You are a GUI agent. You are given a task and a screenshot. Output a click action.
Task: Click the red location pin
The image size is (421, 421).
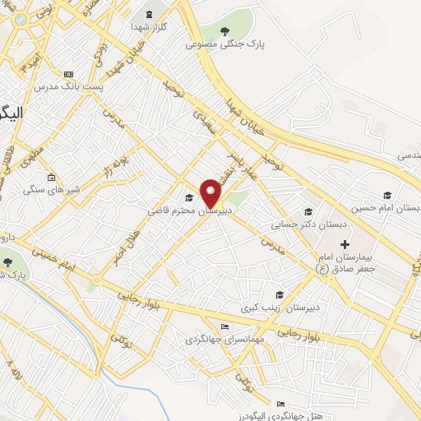pyautogui.click(x=211, y=192)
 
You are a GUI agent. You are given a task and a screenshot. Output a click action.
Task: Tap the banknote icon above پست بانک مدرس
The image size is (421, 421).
pyautogui.click(x=67, y=74)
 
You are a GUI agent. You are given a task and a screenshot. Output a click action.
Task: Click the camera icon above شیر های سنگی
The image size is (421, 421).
pyautogui.click(x=51, y=178)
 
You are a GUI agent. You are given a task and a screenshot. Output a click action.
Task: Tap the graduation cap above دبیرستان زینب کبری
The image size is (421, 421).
pyautogui.click(x=279, y=294)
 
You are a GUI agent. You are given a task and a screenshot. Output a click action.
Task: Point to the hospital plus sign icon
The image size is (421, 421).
pyautogui.click(x=345, y=244)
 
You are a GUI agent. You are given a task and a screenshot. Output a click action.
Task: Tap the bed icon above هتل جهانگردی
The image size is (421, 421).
pyautogui.click(x=281, y=404)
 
